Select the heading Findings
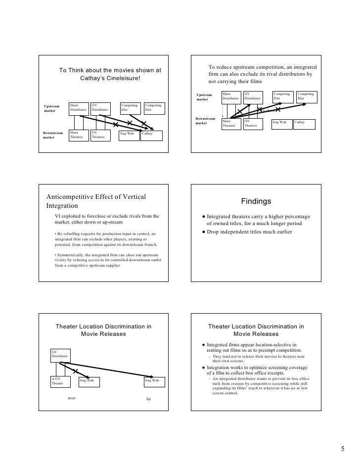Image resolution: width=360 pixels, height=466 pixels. point(256,201)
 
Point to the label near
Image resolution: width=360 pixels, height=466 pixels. point(72,397)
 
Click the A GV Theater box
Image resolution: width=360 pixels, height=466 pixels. point(60,381)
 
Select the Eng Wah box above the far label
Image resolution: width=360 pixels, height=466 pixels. point(152,381)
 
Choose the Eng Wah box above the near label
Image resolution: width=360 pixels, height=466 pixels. point(89,381)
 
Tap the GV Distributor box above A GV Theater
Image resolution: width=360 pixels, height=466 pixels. point(60,354)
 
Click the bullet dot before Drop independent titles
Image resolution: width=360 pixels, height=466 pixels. point(203,232)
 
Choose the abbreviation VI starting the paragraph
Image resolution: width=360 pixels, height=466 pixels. point(57,216)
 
